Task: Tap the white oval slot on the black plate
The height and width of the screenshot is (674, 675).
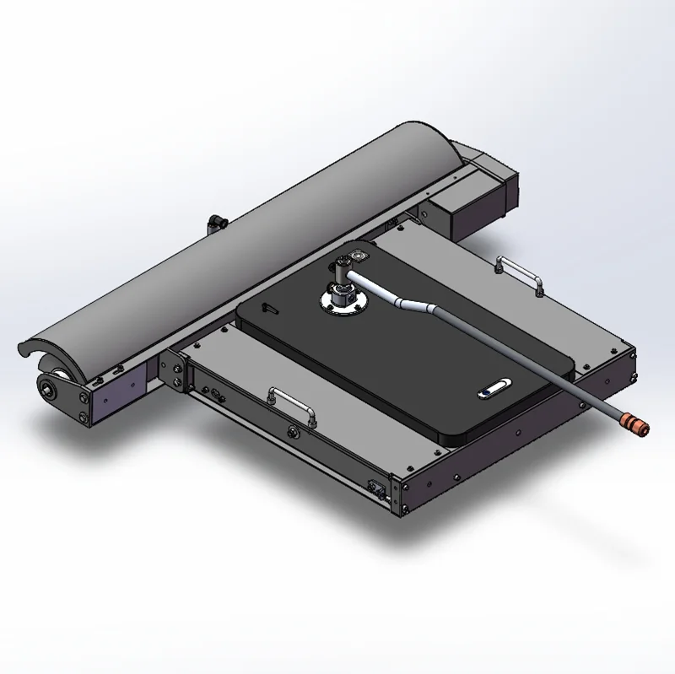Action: coord(493,389)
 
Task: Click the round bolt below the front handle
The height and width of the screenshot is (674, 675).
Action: coord(293,433)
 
